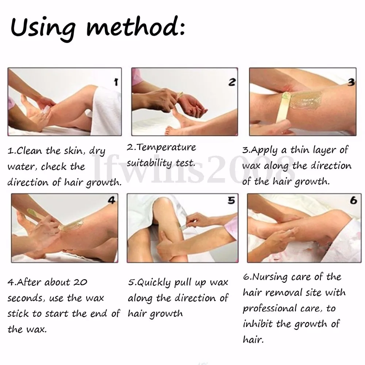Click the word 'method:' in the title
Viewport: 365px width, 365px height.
(135, 27)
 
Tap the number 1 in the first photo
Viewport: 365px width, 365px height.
(116, 82)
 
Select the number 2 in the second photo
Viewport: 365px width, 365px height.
(232, 82)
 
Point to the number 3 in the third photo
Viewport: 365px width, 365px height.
(351, 82)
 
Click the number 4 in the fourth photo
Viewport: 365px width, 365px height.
(111, 200)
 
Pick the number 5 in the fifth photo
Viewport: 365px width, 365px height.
(231, 200)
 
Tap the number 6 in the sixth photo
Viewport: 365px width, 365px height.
(353, 200)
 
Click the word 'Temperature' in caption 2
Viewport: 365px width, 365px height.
(166, 147)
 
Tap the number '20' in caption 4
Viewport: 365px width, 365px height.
(80, 283)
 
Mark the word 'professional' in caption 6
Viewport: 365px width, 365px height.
(270, 309)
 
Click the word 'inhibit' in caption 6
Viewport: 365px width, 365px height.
(258, 324)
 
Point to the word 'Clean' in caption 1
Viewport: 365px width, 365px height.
(29, 151)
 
